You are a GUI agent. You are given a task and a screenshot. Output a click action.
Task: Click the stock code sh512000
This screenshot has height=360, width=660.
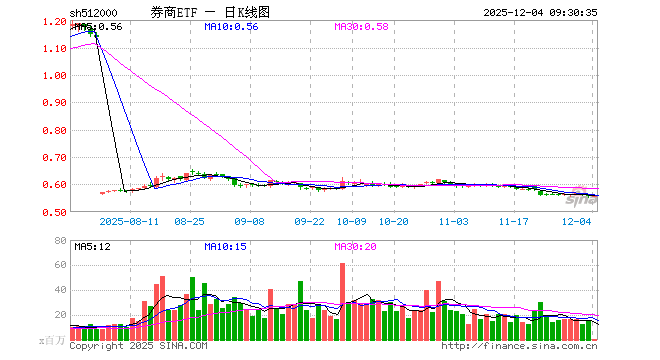[x=94, y=12]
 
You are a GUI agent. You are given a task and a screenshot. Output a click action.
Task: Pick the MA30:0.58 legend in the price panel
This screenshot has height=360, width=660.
[x=361, y=26]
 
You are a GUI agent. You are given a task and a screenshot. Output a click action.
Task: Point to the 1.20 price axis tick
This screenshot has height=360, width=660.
[x=55, y=21]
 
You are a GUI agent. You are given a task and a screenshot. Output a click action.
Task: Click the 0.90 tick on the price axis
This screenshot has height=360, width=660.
[x=55, y=103]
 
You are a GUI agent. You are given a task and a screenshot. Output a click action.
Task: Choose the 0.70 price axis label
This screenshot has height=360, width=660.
[x=55, y=158]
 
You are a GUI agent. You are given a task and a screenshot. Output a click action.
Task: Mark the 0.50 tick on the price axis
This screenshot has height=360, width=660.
[x=55, y=212]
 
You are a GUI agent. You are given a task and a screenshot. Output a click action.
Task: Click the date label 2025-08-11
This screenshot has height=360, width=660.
[x=131, y=222]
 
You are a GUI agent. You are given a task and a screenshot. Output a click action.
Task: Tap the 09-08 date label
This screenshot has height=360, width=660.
[x=249, y=222]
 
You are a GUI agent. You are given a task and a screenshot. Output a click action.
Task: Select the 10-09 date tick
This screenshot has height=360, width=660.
[x=352, y=222]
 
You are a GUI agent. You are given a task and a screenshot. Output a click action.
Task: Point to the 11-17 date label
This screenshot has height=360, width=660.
[x=514, y=222]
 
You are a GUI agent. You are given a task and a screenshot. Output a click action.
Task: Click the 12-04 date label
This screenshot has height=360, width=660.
[x=577, y=222]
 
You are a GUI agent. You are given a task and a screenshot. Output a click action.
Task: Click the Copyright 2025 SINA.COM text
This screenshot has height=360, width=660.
[x=138, y=346]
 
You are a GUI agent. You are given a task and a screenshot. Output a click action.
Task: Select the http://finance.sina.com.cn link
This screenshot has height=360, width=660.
[x=519, y=346]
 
